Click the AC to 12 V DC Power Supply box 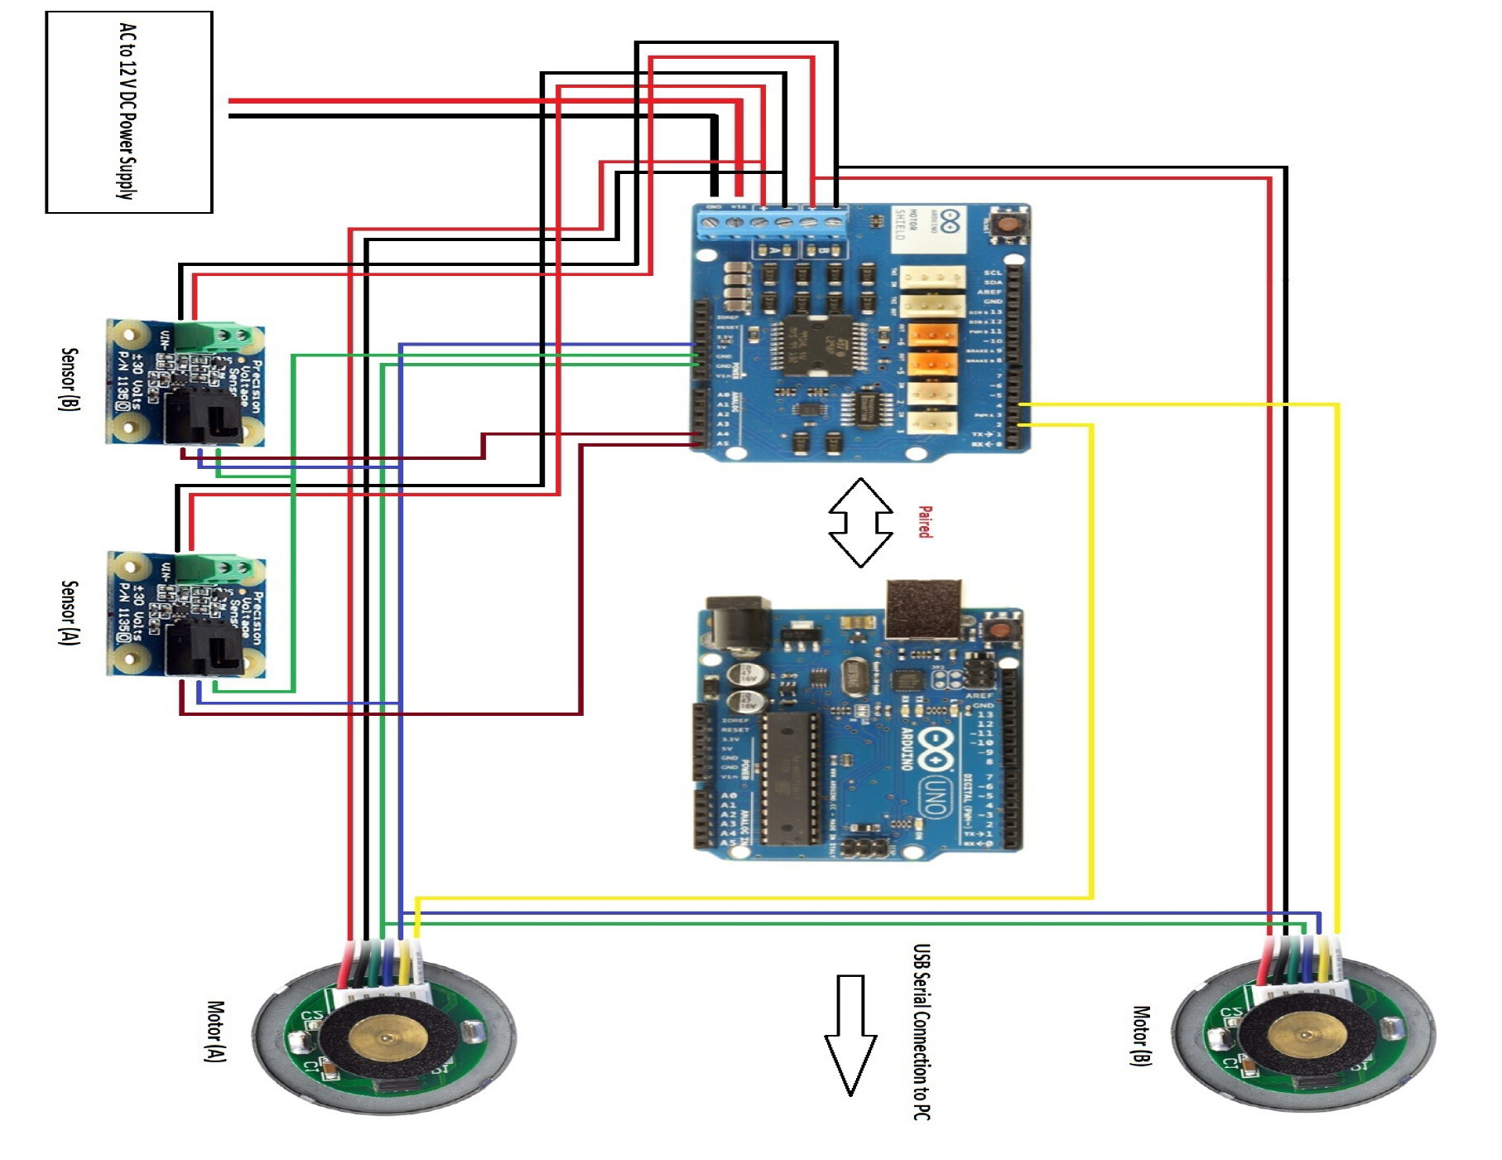tap(128, 112)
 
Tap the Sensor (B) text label tap(70, 379)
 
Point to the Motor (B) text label tap(1141, 1035)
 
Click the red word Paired tap(925, 522)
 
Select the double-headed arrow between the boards tap(860, 523)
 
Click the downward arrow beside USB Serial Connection tap(850, 1036)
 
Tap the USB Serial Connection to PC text tap(922, 1032)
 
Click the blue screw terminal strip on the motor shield tap(772, 222)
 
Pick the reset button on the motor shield tap(1006, 224)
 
